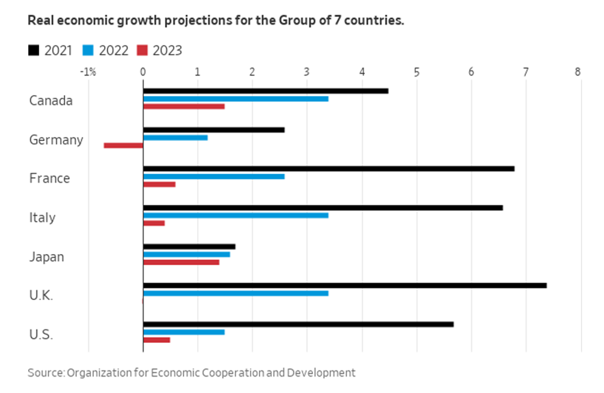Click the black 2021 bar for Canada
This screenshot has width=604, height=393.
coord(265,91)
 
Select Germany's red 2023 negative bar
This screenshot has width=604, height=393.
coord(123,145)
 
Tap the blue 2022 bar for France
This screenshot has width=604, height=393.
coord(213,176)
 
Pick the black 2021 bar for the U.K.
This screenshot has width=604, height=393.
coord(344,285)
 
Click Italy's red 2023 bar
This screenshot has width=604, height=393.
coord(153,223)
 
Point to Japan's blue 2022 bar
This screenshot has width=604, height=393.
coord(186,255)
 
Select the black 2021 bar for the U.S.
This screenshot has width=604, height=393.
coord(298,324)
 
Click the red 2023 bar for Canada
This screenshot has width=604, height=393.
coord(184,107)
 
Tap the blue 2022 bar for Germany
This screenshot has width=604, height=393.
coord(175,138)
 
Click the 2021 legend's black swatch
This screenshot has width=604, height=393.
coord(33,50)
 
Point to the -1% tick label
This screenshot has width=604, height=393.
coord(87,72)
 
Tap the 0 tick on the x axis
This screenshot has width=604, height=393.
coord(142,72)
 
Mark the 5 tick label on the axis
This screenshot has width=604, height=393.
coord(416,72)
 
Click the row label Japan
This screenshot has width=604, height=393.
coord(47,257)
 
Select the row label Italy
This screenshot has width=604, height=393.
coord(42,218)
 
